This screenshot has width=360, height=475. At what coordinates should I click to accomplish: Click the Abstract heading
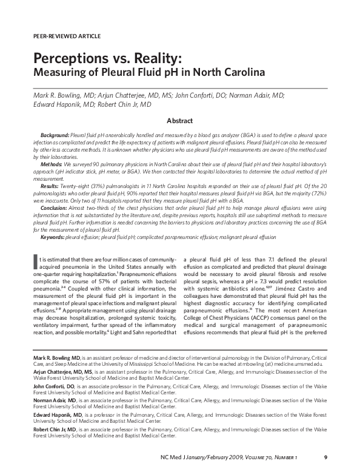tap(180, 121)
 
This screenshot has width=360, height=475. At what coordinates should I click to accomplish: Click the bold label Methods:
tap(52, 164)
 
